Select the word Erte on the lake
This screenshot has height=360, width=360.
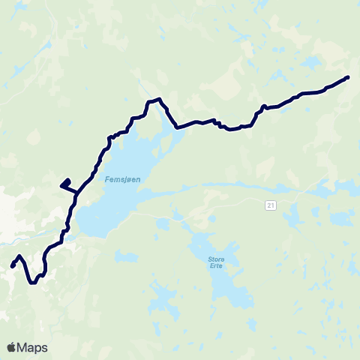tap(215, 267)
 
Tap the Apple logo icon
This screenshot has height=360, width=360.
tap(12, 347)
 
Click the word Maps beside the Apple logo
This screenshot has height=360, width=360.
tap(32, 347)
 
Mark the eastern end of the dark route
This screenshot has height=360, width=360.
tap(347, 77)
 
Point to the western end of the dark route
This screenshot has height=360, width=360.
tap(12, 266)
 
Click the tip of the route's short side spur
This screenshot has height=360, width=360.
tap(61, 184)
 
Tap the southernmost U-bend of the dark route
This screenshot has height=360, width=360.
tap(33, 283)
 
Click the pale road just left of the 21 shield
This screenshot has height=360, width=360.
tap(251, 202)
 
